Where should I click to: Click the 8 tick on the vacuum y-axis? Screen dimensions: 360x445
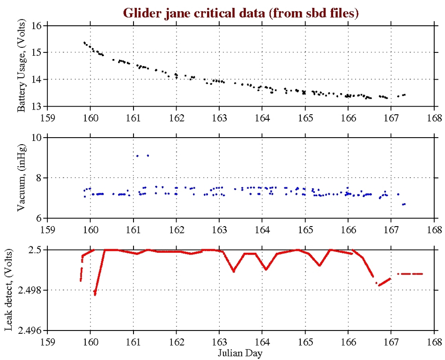click(39, 178)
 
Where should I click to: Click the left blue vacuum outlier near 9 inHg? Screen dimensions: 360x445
click(137, 155)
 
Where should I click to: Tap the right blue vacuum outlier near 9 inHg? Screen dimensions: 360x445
click(148, 155)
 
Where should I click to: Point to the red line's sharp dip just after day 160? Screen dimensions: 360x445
click(95, 294)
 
